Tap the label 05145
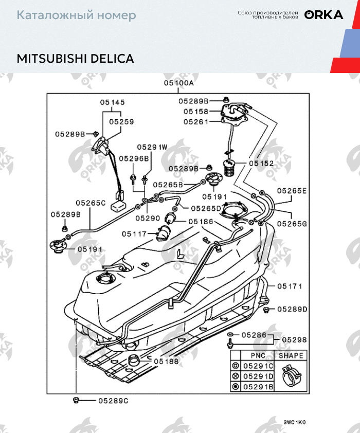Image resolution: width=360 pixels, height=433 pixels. click(113, 102)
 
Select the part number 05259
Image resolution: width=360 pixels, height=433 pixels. click(120, 122)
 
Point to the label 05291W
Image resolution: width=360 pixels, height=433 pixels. click(152, 147)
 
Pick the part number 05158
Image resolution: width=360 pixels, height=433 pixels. click(196, 112)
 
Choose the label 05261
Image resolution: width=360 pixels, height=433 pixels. click(196, 122)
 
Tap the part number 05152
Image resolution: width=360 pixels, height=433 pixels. click(261, 163)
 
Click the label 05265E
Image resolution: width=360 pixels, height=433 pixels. click(292, 191)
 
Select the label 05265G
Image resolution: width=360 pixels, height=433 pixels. click(292, 224)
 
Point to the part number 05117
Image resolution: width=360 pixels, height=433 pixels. click(134, 234)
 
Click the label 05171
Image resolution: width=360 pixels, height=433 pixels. click(290, 286)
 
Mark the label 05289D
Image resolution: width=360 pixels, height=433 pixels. click(292, 310)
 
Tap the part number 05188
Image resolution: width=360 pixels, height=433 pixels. click(167, 361)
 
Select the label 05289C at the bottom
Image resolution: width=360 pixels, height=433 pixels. click(113, 400)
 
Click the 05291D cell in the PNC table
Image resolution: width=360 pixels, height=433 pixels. click(258, 376)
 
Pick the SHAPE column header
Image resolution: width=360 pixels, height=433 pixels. click(291, 355)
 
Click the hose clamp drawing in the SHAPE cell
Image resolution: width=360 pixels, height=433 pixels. click(291, 376)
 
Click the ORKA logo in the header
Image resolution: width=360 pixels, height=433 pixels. click(323, 15)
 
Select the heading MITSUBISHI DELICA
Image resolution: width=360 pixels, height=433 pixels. click(75, 58)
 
